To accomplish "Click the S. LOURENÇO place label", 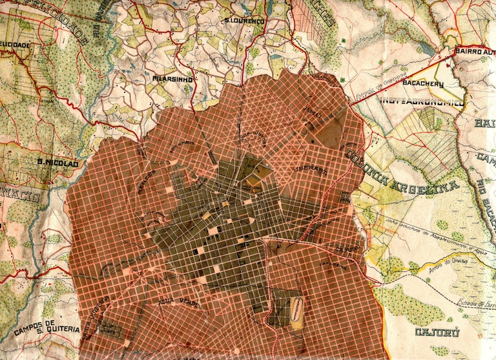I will pos(245,21).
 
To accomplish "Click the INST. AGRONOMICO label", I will pos(421,102).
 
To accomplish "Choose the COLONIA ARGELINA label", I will pos(400,175).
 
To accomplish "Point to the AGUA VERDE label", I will pos(176,302).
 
